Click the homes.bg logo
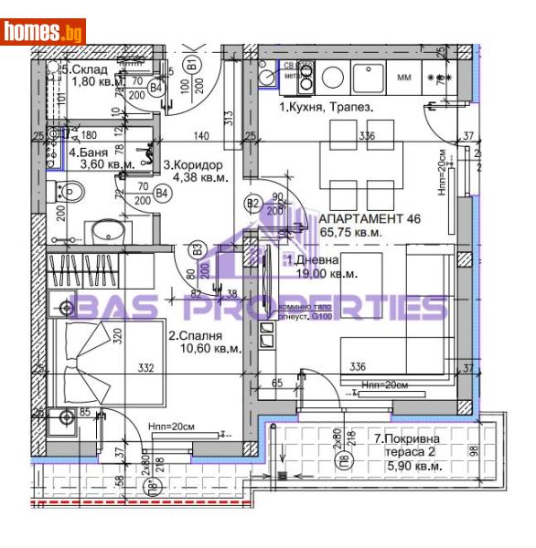pyautogui.click(x=44, y=30)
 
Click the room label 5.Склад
pyautogui.click(x=90, y=68)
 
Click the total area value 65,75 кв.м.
pyautogui.click(x=351, y=233)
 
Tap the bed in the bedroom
pyautogui.click(x=91, y=361)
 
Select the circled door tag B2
pyautogui.click(x=252, y=203)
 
